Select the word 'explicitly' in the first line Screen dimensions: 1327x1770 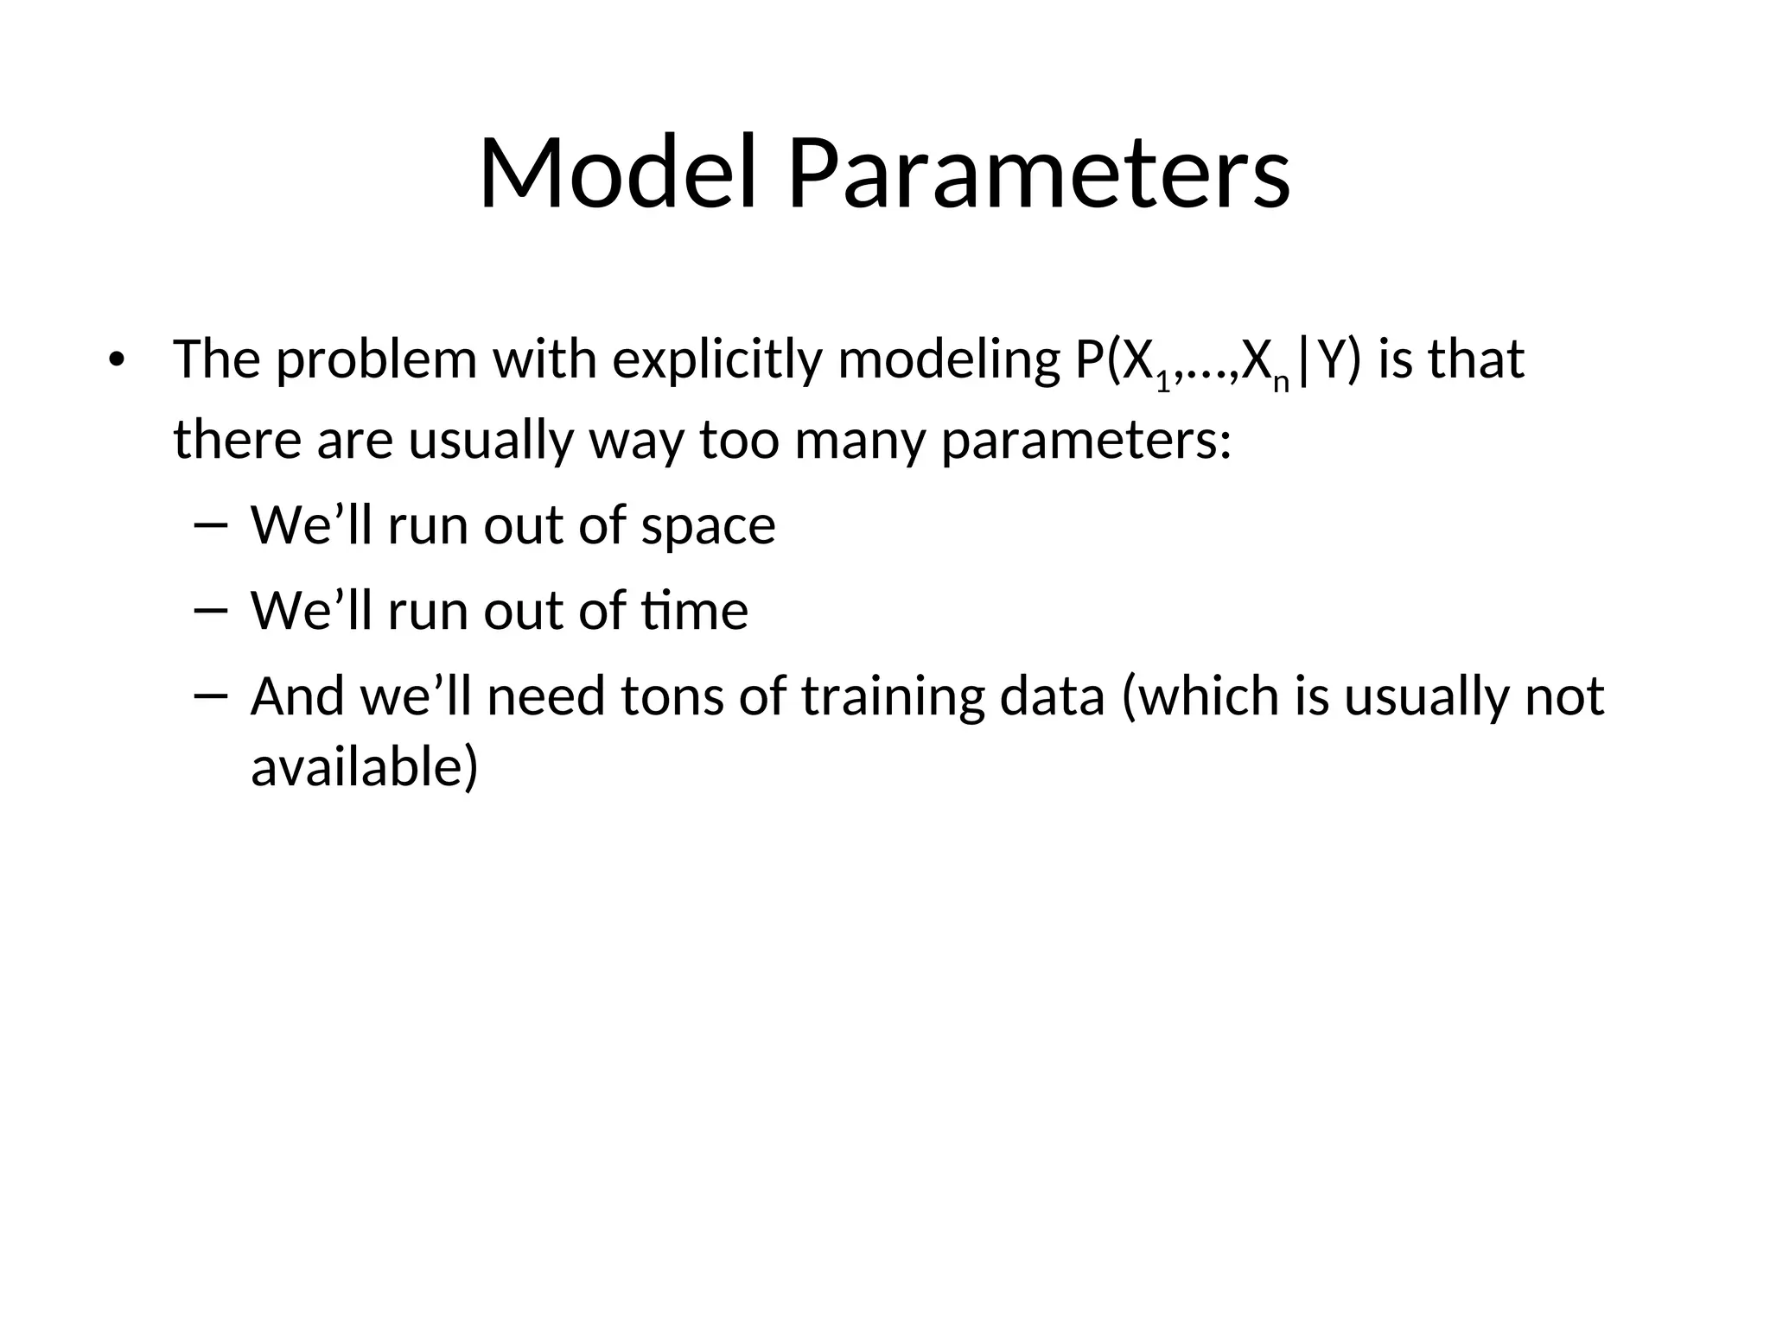[x=716, y=360]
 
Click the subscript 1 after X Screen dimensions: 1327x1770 [x=1163, y=380]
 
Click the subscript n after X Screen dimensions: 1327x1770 [x=1281, y=380]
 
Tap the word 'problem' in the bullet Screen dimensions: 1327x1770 [x=376, y=360]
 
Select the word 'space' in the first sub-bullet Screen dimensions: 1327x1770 [x=708, y=527]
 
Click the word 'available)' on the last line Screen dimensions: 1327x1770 [x=364, y=767]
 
